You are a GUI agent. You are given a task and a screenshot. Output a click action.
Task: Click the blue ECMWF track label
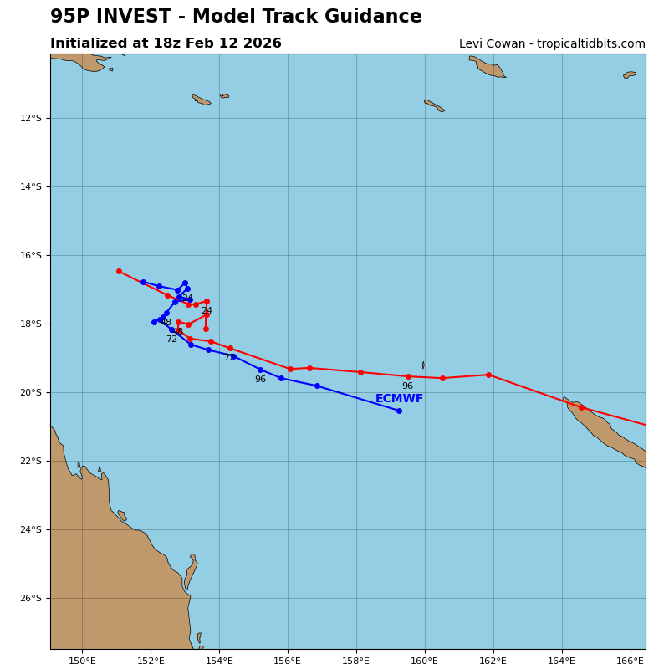click(399, 399)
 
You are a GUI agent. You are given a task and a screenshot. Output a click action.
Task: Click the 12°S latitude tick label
click(31, 118)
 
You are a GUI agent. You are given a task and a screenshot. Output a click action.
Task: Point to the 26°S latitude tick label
click(31, 598)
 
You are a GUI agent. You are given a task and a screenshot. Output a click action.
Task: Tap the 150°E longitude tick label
click(82, 661)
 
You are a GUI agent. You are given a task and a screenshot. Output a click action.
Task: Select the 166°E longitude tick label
click(631, 661)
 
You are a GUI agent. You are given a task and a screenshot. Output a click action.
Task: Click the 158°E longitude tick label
click(356, 661)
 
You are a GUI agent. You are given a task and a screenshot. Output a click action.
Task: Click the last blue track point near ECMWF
click(399, 411)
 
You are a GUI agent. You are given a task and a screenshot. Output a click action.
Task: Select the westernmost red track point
click(119, 271)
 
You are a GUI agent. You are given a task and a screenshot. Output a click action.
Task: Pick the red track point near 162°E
click(488, 375)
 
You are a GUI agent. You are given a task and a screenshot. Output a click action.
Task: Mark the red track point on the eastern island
click(581, 407)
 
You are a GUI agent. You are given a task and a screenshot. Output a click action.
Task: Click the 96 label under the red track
click(407, 386)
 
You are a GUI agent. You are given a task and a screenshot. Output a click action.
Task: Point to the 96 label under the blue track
click(260, 380)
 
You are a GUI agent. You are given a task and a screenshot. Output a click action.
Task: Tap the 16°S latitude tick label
click(31, 255)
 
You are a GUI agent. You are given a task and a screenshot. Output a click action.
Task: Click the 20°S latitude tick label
click(31, 392)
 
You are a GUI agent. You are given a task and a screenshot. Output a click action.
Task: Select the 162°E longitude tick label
click(493, 661)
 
